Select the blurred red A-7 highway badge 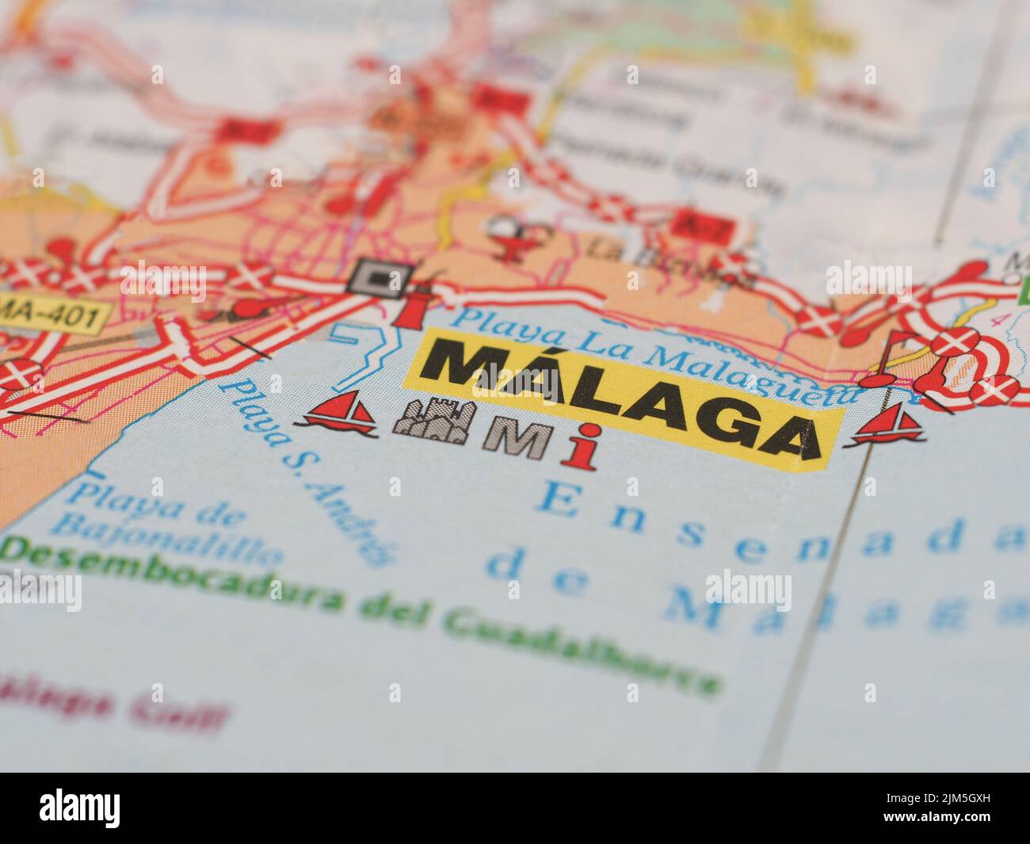tap(688, 223)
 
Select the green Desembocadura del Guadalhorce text tap(357, 610)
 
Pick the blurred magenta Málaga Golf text tap(111, 704)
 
